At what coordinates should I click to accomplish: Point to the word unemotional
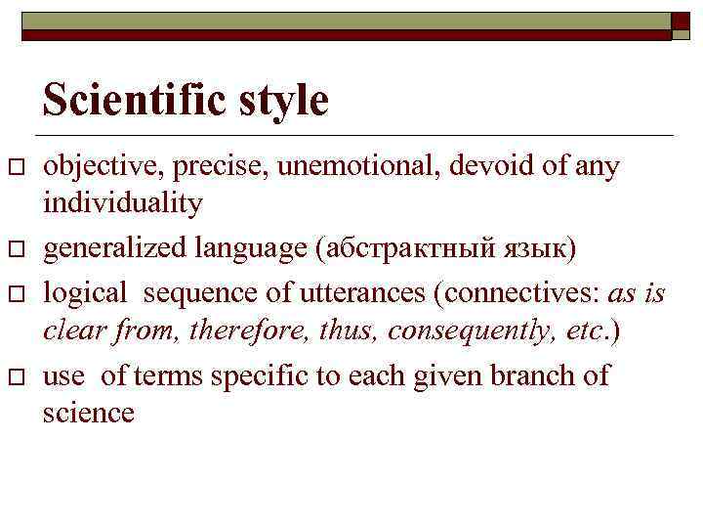coord(360,167)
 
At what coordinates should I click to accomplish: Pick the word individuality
coord(123,203)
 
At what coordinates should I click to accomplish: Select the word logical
coord(86,293)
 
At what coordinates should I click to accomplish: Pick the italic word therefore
coord(233,330)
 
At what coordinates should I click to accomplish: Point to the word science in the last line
coord(88,412)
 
